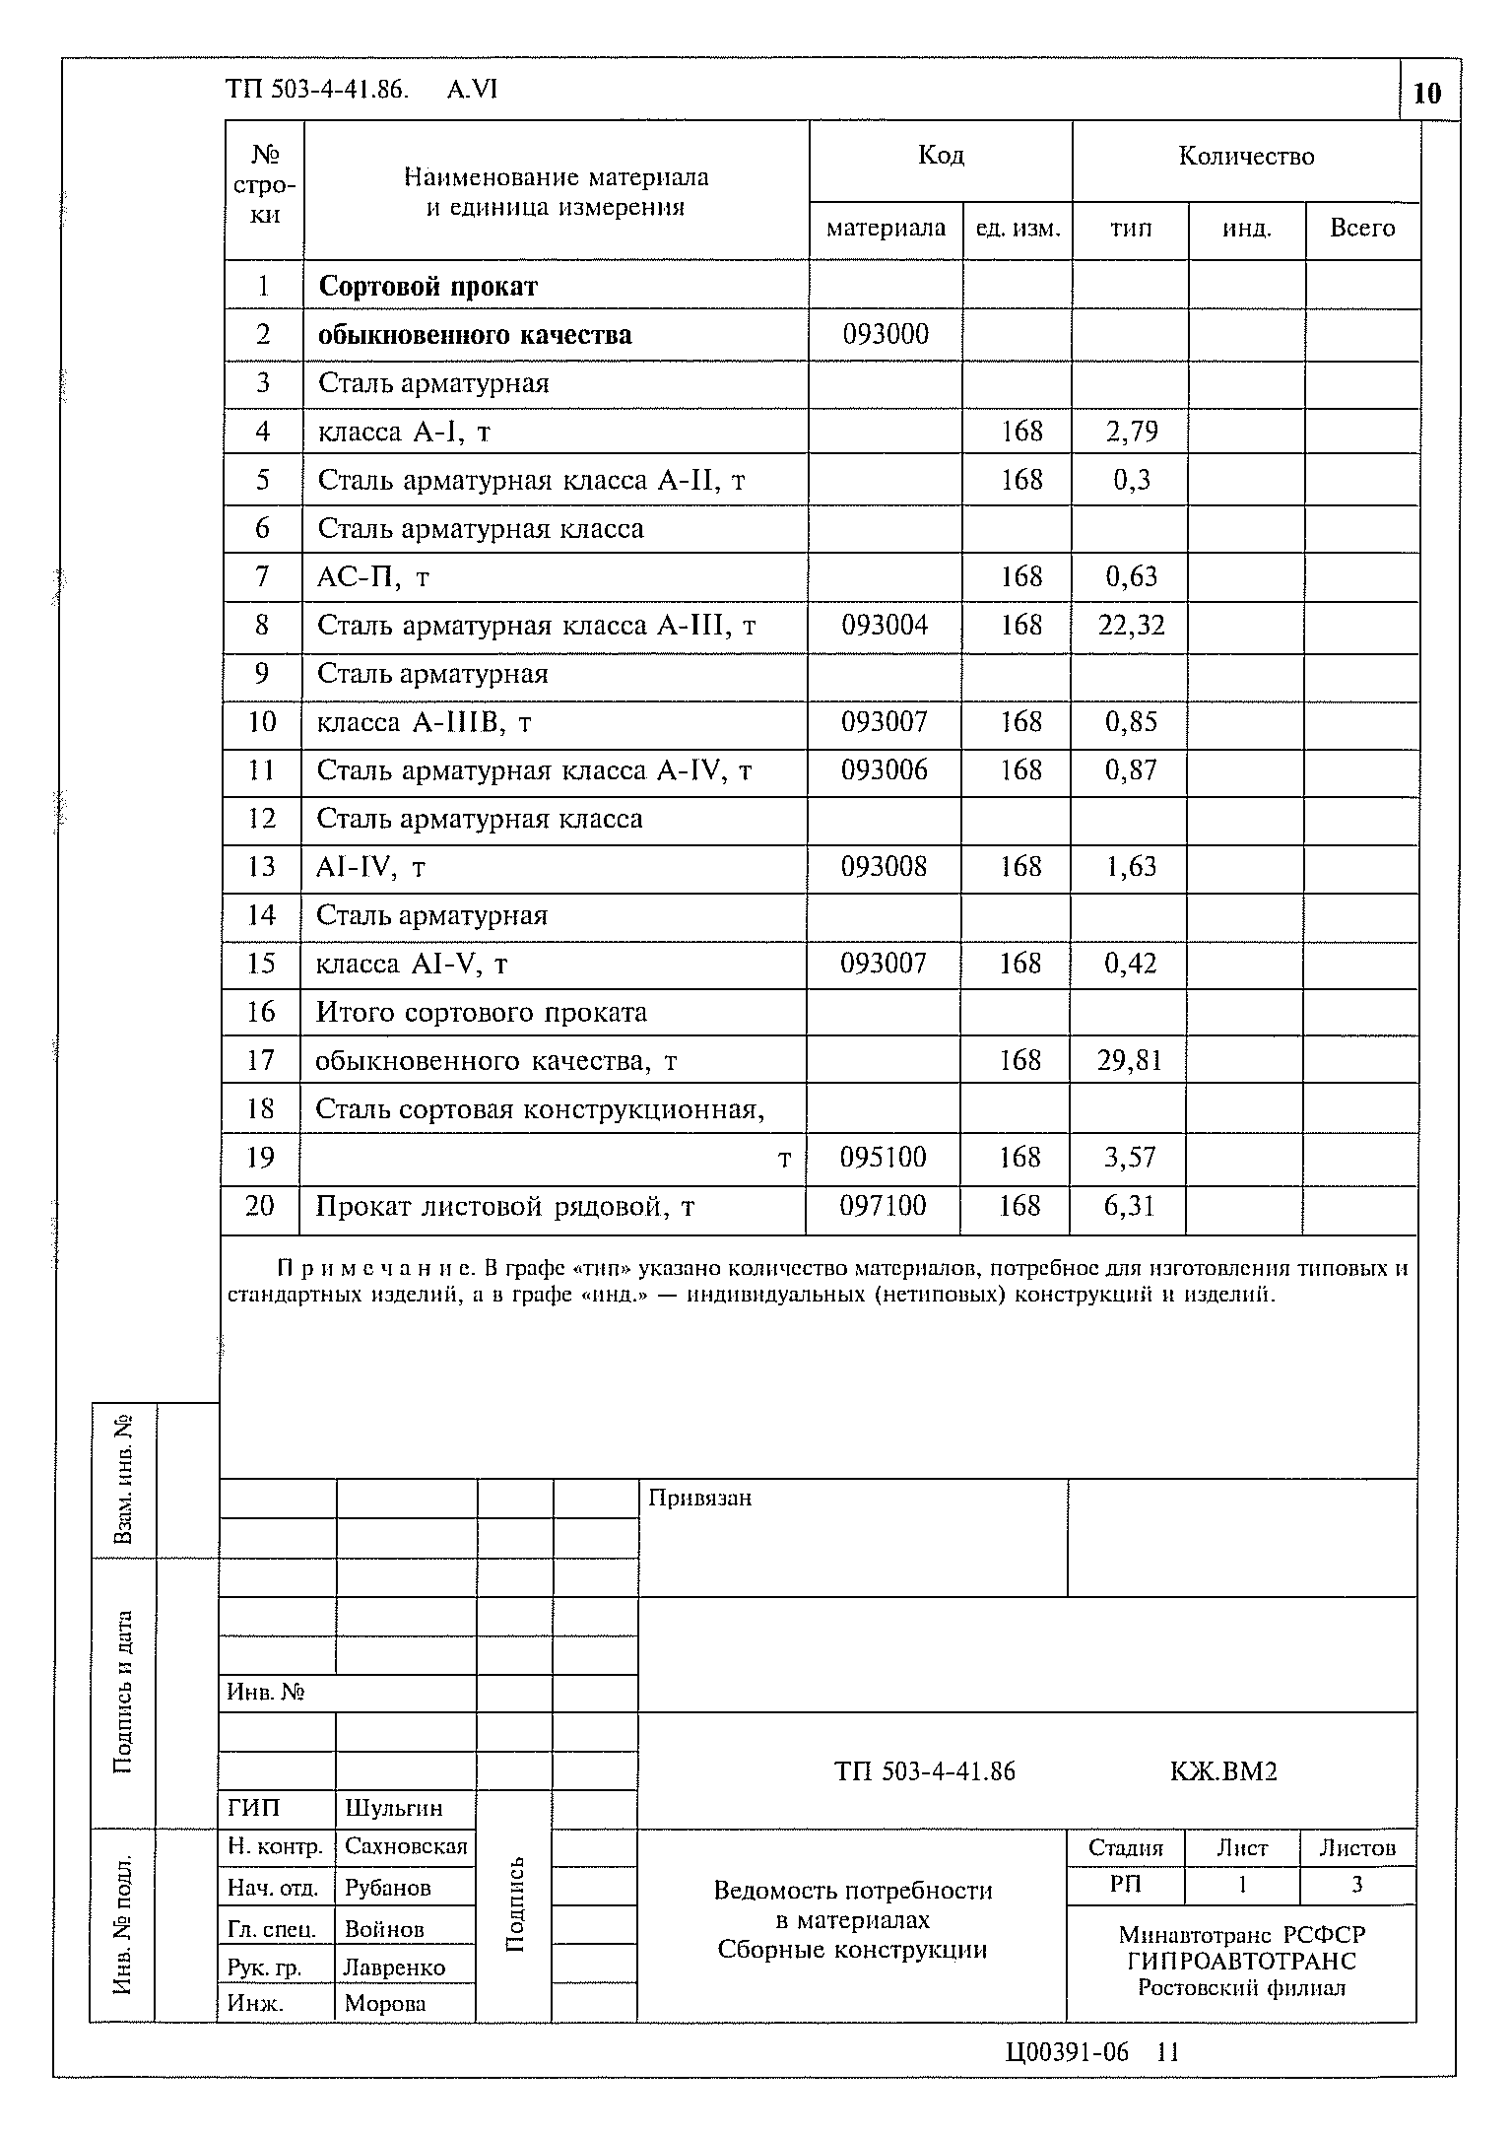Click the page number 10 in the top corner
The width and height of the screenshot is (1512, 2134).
(x=1427, y=94)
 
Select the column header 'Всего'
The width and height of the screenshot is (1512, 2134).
(x=1362, y=229)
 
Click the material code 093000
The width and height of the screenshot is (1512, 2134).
(x=885, y=335)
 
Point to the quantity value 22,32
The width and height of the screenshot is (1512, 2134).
(x=1131, y=625)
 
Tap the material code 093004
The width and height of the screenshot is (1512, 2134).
(x=885, y=625)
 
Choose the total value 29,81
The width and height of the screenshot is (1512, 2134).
(x=1130, y=1060)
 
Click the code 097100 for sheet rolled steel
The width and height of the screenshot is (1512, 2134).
(x=883, y=1205)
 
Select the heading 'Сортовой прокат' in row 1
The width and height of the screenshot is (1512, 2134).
(x=427, y=287)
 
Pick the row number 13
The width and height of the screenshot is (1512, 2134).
(x=262, y=867)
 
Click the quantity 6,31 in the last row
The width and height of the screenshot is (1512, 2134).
(x=1129, y=1205)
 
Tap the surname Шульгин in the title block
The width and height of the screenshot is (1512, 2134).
(x=393, y=1808)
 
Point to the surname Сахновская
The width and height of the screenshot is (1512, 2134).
(x=405, y=1846)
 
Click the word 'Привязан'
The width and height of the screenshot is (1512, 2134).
(x=699, y=1499)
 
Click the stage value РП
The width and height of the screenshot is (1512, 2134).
(x=1125, y=1884)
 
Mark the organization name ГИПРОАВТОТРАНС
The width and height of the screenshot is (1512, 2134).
(x=1241, y=1961)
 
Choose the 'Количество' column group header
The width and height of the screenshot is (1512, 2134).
(x=1246, y=157)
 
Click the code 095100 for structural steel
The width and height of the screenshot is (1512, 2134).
(x=883, y=1157)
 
